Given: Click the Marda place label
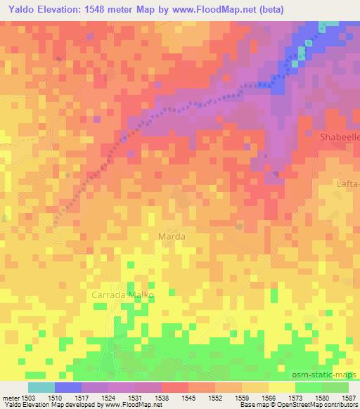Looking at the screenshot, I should (x=172, y=237).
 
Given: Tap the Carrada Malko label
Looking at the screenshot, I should (x=122, y=295).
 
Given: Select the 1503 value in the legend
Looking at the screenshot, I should (x=28, y=398).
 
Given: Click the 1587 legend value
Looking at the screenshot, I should (x=349, y=398).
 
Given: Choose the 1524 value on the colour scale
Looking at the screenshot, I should (x=108, y=398).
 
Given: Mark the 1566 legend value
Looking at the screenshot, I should (x=269, y=398).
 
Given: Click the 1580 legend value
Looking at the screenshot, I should (x=322, y=398).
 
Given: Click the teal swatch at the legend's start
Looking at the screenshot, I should (x=41, y=387).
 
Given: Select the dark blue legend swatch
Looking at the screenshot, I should (x=68, y=387).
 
